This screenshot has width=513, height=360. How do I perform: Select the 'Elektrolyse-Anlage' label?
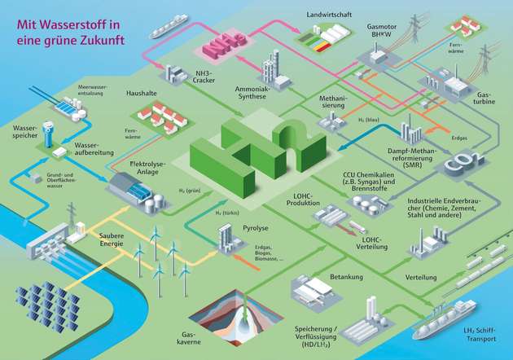147,169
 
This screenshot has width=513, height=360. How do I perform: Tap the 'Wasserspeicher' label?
24,132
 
